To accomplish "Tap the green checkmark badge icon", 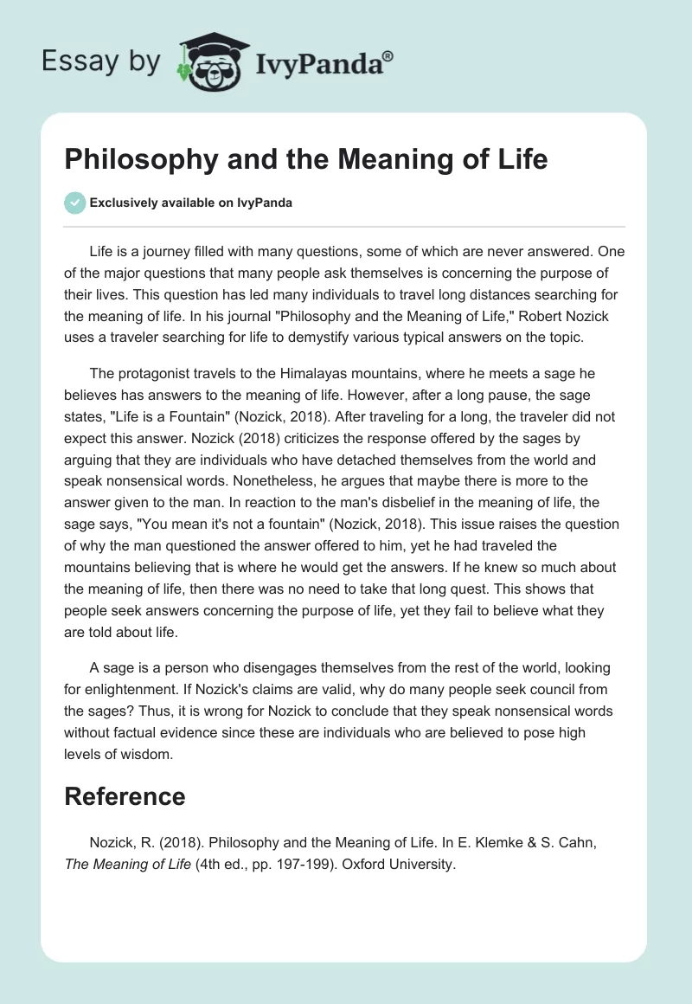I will [74, 203].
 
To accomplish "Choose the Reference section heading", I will [125, 797].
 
